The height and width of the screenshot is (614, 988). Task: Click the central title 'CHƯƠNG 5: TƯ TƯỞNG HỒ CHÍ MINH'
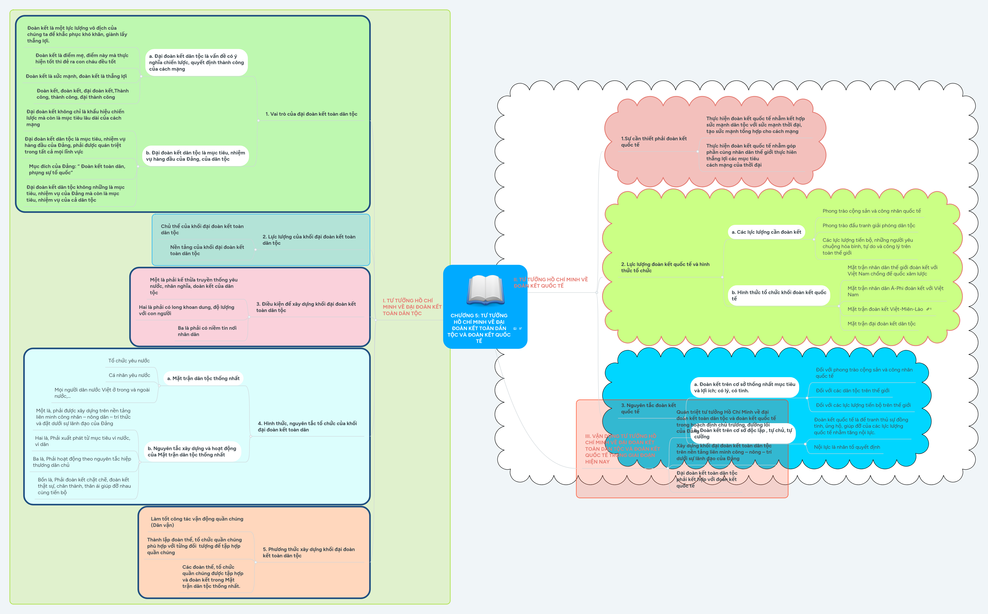[x=479, y=328]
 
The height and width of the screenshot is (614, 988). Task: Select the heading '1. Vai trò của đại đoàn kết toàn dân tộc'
[x=311, y=114]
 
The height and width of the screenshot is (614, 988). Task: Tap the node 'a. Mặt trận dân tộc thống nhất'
[x=203, y=379]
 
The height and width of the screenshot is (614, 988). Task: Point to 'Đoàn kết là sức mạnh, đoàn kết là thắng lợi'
[x=76, y=76]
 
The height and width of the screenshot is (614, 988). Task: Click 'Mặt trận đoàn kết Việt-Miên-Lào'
[x=885, y=309]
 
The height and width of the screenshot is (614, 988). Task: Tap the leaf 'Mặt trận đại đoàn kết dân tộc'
[x=881, y=324]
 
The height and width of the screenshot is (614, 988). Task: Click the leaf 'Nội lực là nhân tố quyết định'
[x=847, y=447]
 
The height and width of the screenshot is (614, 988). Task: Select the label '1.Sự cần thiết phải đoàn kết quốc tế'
[x=654, y=142]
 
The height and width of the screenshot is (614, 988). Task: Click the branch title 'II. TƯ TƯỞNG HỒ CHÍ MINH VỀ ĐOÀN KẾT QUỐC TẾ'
[x=550, y=283]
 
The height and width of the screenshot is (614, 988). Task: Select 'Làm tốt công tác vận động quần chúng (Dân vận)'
[x=197, y=522]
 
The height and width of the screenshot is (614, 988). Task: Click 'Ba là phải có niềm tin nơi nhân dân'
[x=207, y=331]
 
